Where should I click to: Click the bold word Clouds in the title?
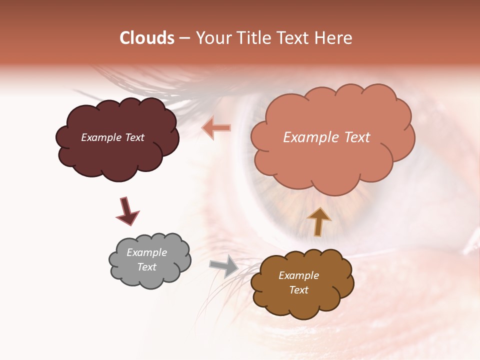click(147, 38)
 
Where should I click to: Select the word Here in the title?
click(333, 38)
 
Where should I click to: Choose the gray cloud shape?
click(150, 277)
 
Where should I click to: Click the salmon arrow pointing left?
click(216, 128)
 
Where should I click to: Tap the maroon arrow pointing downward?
click(127, 211)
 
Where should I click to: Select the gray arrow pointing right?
click(223, 266)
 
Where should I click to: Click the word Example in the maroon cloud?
click(100, 137)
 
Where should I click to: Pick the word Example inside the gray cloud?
click(146, 252)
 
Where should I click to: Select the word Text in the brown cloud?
click(298, 290)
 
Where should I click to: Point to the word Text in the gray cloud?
click(146, 267)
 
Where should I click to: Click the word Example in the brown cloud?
click(298, 275)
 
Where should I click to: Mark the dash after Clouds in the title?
click(184, 38)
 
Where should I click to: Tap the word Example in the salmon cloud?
click(308, 137)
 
